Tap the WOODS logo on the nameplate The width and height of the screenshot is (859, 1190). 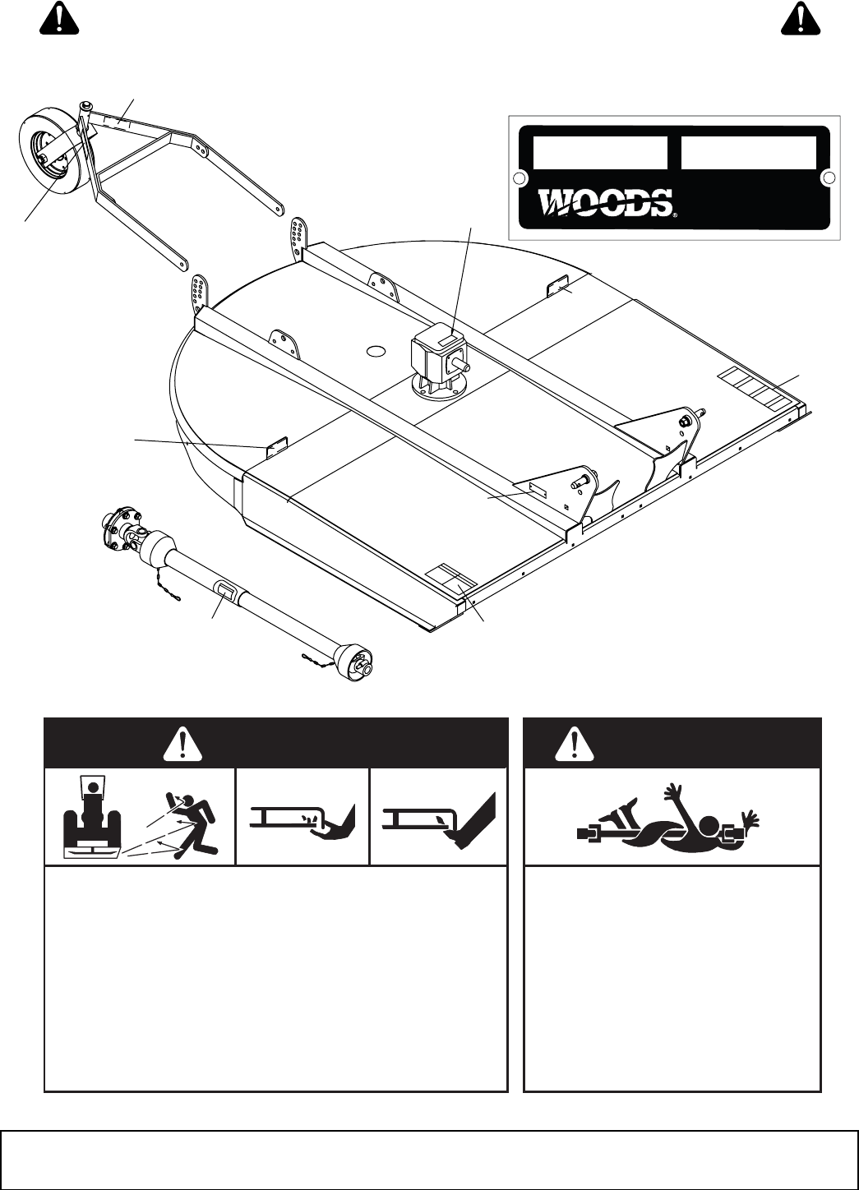(607, 202)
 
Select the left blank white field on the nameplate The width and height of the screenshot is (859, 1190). (599, 153)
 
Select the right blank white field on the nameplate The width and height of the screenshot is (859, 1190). (748, 153)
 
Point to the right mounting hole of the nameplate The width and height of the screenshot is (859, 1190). (829, 178)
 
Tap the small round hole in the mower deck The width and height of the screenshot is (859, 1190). (376, 350)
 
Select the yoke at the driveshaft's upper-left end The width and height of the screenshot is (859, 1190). (123, 530)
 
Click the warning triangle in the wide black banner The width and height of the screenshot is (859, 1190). (184, 743)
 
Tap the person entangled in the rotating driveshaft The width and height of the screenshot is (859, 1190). (670, 827)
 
